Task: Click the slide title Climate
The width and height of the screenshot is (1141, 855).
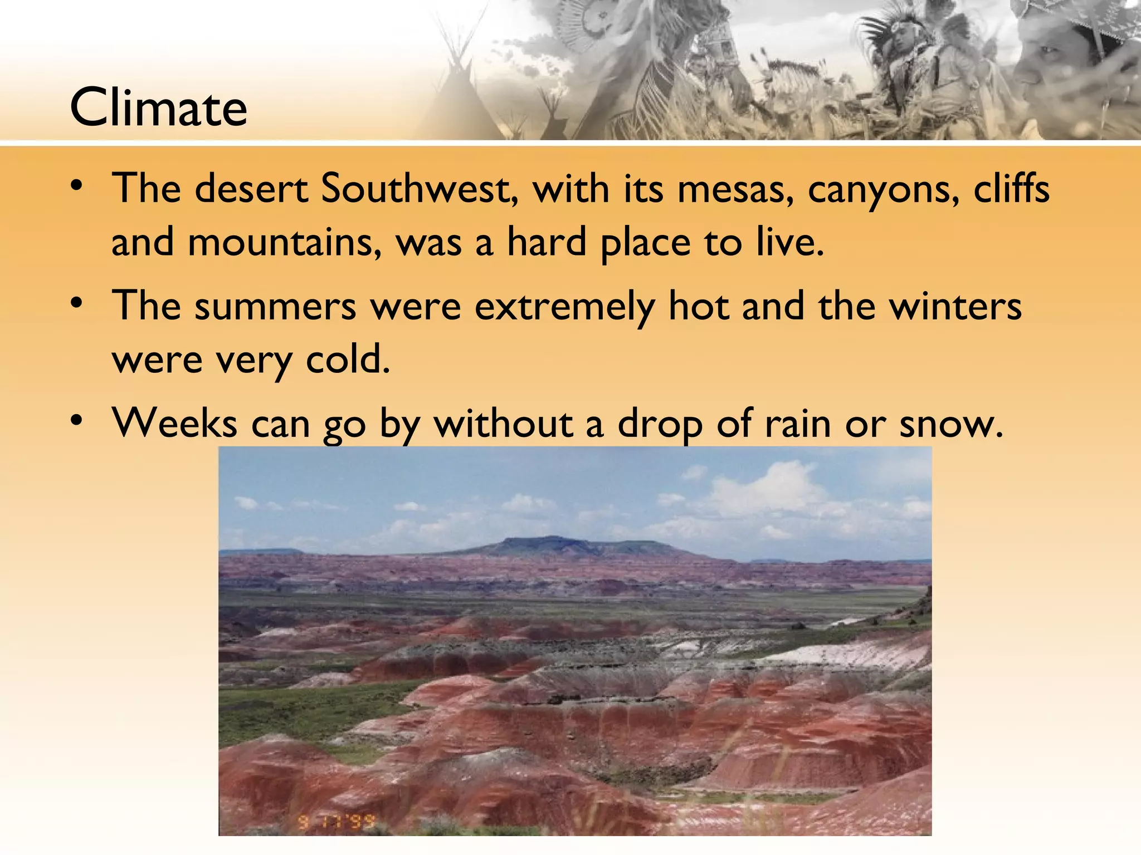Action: coord(158,107)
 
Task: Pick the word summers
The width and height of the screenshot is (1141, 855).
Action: coord(275,307)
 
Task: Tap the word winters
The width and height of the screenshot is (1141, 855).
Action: coord(955,306)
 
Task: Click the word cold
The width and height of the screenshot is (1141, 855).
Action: coord(348,359)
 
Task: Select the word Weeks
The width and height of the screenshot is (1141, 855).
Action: coord(174,423)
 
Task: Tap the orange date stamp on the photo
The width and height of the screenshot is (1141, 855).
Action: coord(335,822)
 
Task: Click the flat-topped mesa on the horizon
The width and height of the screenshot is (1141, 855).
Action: coord(563,546)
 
